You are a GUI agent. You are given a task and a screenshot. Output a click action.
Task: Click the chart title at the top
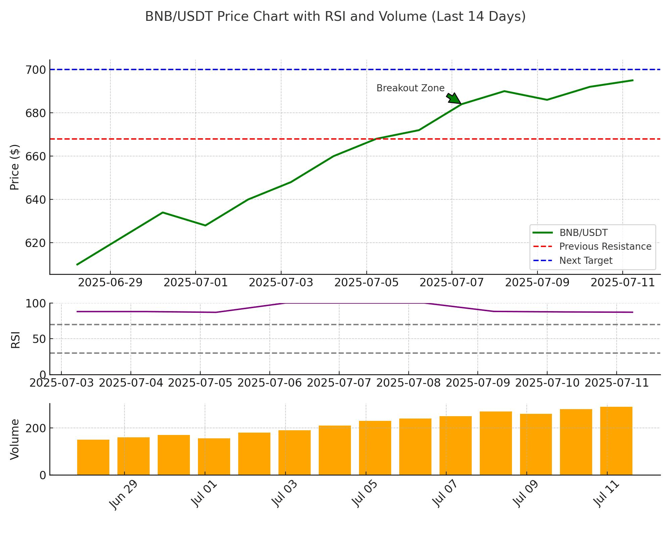(335, 16)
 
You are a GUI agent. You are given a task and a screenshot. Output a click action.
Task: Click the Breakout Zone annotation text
(410, 88)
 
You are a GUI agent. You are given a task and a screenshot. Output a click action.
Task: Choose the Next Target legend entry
(585, 261)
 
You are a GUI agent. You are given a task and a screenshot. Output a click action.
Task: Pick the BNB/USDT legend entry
(583, 233)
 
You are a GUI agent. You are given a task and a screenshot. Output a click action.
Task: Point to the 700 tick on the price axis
(35, 70)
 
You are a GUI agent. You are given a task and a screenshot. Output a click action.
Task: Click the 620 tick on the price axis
(35, 243)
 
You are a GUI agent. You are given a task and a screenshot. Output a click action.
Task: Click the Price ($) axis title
(15, 167)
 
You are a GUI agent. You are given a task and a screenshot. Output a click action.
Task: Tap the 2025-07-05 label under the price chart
(366, 283)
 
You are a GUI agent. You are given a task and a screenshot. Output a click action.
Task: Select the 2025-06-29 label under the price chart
(110, 283)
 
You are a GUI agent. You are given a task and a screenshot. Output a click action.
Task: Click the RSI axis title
(15, 340)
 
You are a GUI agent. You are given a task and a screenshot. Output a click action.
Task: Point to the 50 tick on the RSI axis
(39, 339)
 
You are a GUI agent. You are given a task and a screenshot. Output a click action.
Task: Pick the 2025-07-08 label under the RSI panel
(408, 383)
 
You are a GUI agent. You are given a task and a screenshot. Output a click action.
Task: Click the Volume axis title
(15, 439)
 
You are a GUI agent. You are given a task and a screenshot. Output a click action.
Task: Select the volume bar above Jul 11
(616, 441)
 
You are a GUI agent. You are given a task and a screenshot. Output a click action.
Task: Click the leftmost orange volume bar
(93, 457)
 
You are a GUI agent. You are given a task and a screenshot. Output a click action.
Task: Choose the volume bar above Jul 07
(455, 445)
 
